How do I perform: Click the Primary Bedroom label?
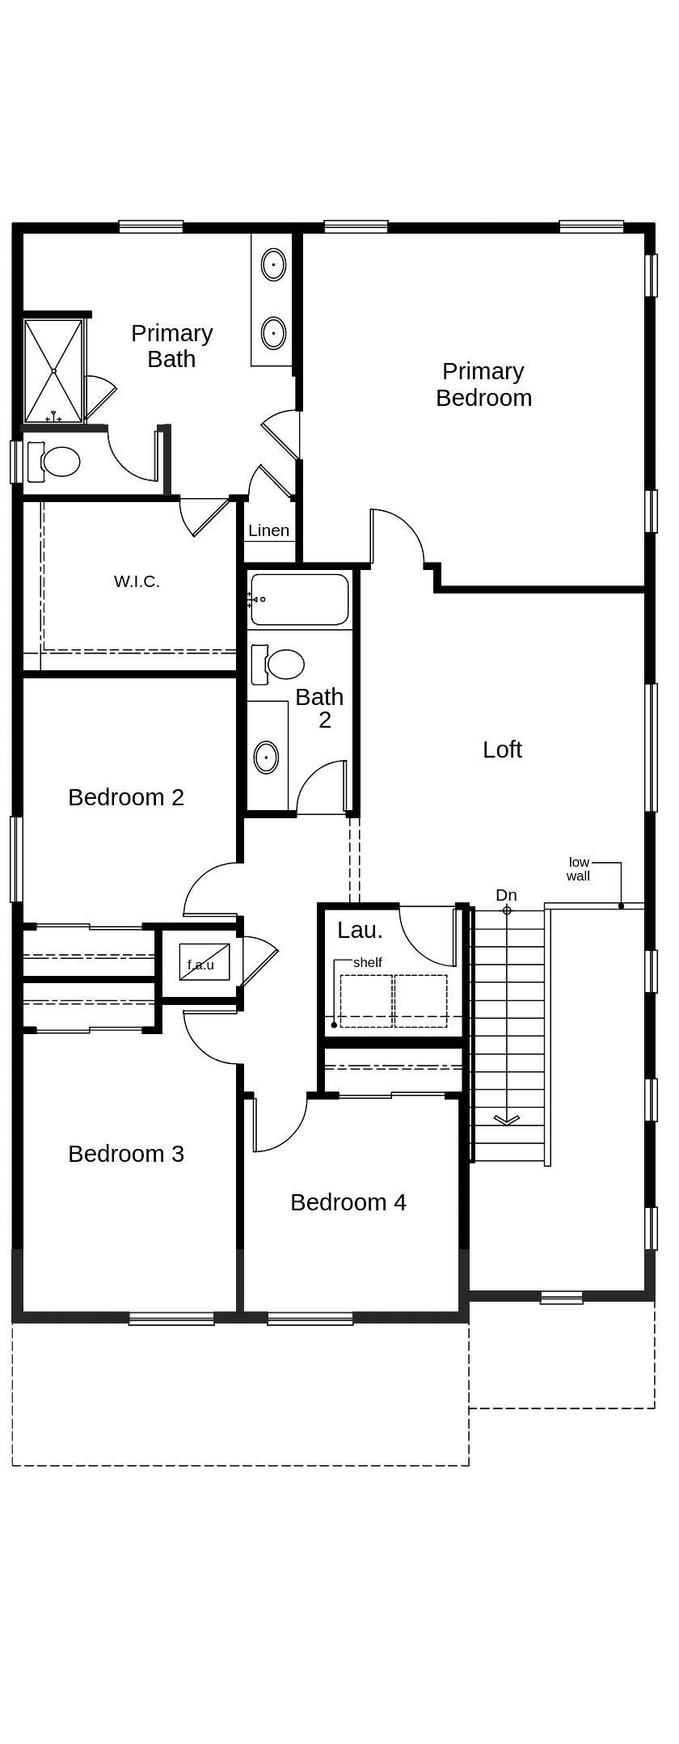[483, 384]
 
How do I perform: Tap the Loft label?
[502, 750]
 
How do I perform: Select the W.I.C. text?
[137, 581]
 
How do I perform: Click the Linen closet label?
[268, 530]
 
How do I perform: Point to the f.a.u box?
[203, 963]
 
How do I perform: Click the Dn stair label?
[506, 895]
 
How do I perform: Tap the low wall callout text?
[579, 869]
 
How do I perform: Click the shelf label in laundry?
[367, 962]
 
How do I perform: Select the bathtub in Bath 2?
[299, 599]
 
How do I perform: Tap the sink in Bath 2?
[266, 758]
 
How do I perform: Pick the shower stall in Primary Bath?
[53, 370]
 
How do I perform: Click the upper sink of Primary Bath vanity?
[273, 264]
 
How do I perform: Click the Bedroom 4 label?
[348, 1202]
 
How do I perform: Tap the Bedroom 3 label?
[126, 1154]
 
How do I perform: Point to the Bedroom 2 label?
[126, 797]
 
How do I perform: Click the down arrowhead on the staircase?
[507, 1120]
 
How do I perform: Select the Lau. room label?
[360, 930]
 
